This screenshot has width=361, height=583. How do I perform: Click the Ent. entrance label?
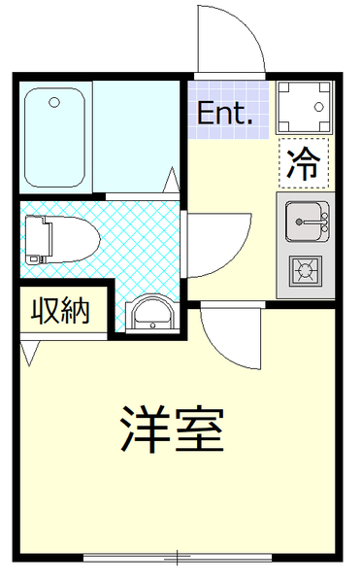(x=225, y=114)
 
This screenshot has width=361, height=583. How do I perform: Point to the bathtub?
(x=55, y=138)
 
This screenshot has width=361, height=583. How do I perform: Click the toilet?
(x=58, y=238)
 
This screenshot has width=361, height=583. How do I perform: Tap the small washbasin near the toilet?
(x=151, y=313)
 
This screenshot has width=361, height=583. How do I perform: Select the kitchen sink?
(x=306, y=223)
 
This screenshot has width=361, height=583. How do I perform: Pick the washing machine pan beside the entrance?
(x=304, y=107)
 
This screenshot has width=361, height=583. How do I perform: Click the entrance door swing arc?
(x=233, y=39)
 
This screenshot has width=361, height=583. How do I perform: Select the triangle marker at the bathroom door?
(x=173, y=181)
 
